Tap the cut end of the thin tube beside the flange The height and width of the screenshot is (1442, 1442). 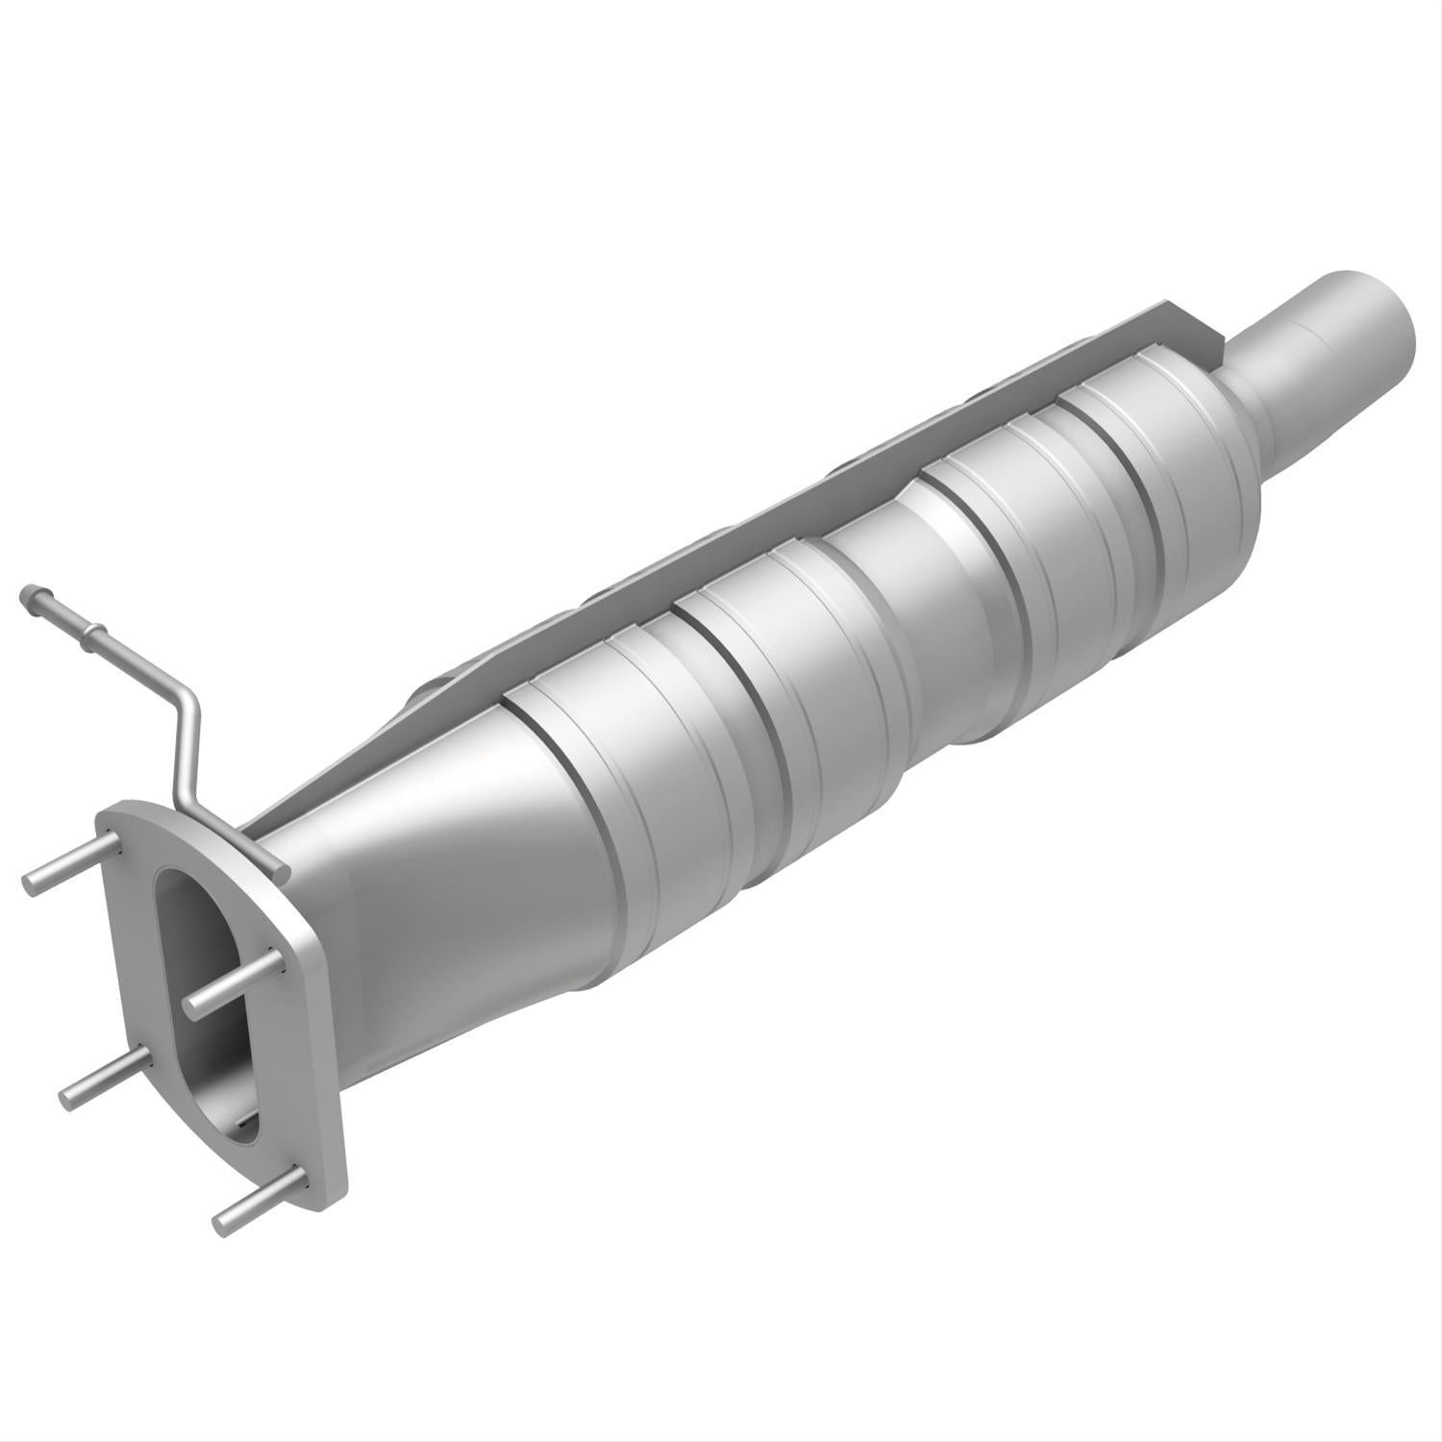(x=281, y=870)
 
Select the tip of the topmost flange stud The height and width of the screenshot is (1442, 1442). (x=34, y=882)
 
